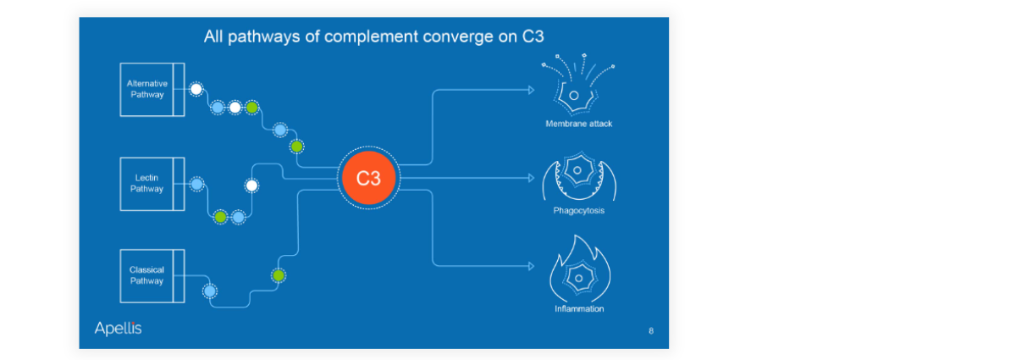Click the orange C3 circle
point(368,178)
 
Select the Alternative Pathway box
point(152,90)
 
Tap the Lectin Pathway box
point(152,184)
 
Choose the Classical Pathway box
point(152,276)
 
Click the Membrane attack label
point(579,124)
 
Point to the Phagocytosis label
point(579,211)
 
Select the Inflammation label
point(579,308)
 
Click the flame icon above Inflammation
point(580,269)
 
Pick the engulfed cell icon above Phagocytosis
point(579,176)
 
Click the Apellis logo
point(118,328)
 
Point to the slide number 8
point(651,331)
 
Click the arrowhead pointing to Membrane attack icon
point(532,90)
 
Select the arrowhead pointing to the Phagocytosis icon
point(532,178)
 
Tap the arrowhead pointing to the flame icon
point(532,266)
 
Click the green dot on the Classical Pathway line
point(279,275)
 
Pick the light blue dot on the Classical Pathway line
point(210,291)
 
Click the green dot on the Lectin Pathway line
point(220,217)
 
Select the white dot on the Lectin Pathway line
point(251,186)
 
